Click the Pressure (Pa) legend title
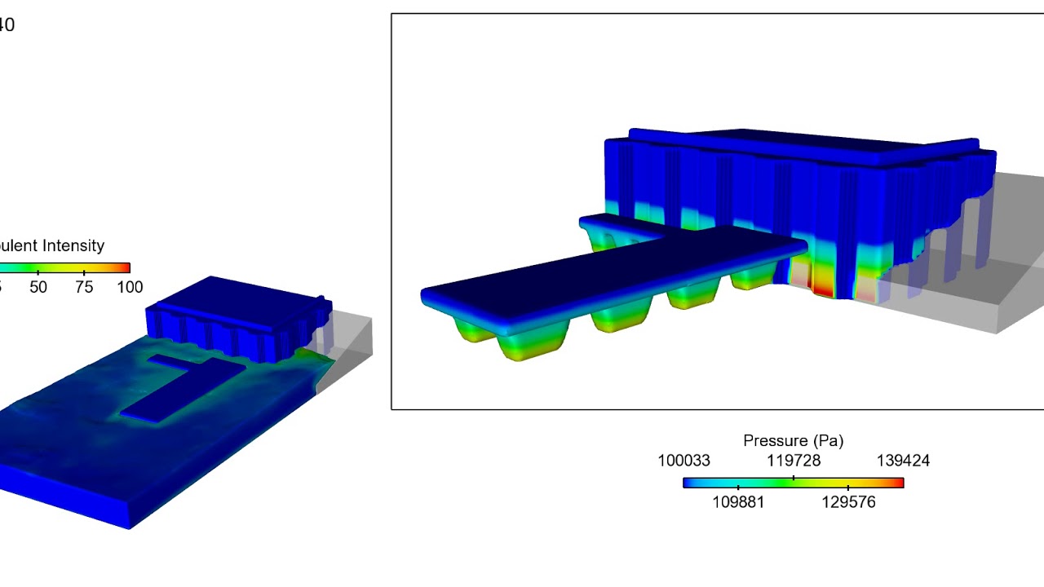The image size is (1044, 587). click(793, 441)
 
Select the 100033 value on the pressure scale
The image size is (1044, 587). click(683, 461)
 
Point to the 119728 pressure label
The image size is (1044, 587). click(793, 461)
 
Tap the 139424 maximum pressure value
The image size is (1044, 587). click(903, 461)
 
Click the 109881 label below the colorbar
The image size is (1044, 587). click(738, 502)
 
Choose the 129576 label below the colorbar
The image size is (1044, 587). click(848, 502)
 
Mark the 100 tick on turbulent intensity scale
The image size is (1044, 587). click(130, 287)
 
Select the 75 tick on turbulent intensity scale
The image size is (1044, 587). click(84, 287)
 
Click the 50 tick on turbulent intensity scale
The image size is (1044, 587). click(38, 287)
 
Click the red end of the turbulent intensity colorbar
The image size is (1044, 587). click(126, 267)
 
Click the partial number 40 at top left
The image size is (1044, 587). click(7, 25)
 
